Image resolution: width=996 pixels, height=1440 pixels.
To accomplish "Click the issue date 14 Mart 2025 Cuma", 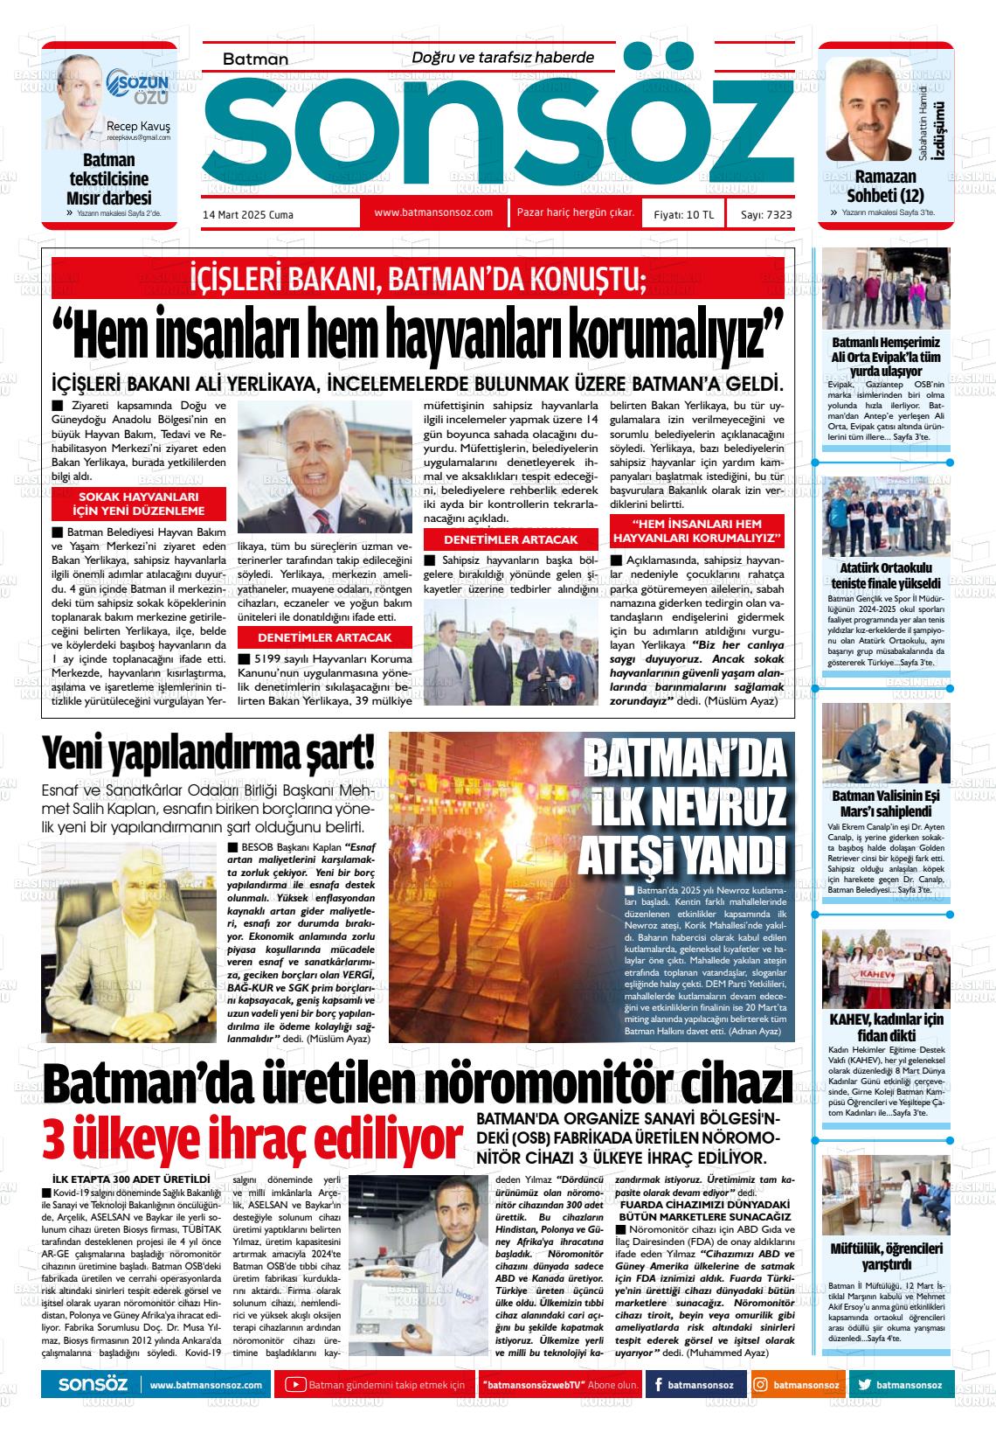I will coord(248,214).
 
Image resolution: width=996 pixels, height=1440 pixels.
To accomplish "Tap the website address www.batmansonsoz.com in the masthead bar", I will coord(433,212).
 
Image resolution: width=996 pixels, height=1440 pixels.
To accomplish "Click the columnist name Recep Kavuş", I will coord(138,126).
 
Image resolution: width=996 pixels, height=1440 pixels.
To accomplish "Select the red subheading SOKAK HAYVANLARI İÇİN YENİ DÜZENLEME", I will coord(140,504).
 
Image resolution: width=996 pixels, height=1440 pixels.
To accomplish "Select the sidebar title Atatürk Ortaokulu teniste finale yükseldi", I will coord(886,575).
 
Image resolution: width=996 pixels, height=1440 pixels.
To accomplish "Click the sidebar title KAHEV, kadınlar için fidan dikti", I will coord(886,1027).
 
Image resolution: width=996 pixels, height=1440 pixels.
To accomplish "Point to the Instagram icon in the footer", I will coord(761,1385).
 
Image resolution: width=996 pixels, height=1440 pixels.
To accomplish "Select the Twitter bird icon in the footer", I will coord(865,1385).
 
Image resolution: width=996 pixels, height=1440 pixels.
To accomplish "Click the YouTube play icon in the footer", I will coord(296,1385).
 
